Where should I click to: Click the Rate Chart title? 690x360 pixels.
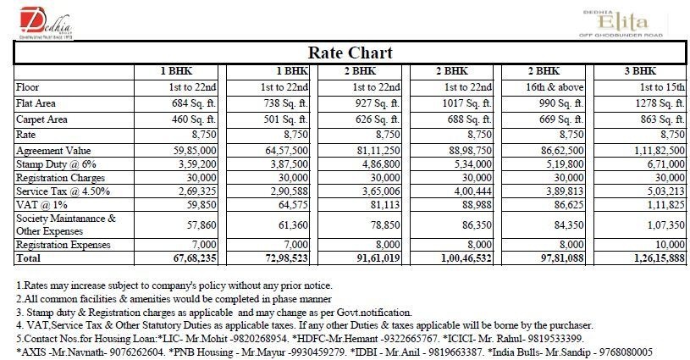point(350,53)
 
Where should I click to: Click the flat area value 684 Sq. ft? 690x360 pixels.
point(197,103)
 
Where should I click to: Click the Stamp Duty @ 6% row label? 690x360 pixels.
point(51,164)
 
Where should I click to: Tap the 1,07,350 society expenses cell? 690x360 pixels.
point(660,226)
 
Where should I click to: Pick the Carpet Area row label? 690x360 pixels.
point(41,119)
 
